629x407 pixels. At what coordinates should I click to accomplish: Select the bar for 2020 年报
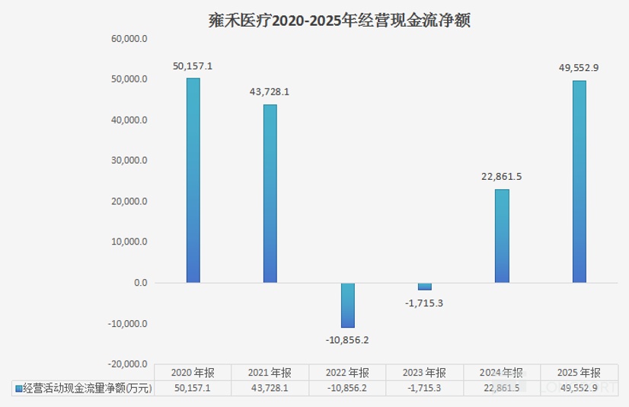point(193,181)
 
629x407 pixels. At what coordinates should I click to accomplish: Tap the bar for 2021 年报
point(270,194)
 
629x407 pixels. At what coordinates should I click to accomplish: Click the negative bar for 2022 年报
point(347,305)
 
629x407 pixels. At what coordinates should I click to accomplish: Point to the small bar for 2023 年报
point(424,287)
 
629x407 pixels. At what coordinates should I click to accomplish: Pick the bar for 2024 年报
point(502,236)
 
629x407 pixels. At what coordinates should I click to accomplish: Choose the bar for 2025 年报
point(579,182)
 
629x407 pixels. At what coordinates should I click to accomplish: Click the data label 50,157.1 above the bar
point(193,66)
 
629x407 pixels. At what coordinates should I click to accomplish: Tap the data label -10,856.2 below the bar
point(348,340)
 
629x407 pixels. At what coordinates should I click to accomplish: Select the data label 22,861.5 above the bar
point(502,177)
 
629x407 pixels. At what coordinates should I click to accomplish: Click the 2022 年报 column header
point(347,373)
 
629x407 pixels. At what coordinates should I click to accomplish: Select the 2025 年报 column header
point(579,373)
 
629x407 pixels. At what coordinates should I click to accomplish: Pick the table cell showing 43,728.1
point(270,388)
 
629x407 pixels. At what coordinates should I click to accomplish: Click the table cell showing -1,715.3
point(424,388)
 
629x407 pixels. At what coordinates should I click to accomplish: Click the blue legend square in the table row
point(18,388)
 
